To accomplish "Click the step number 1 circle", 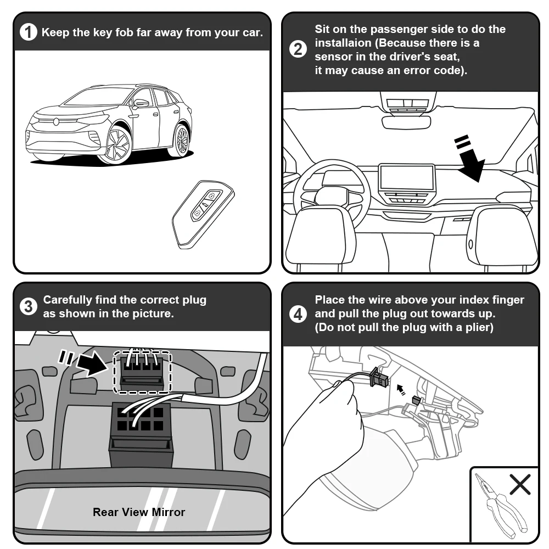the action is (x=29, y=32).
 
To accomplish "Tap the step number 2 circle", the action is (x=298, y=49).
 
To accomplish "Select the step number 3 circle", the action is (x=29, y=307).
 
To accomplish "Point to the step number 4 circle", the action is (x=298, y=313).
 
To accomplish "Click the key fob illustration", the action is (x=203, y=214).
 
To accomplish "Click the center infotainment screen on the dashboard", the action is (x=407, y=177).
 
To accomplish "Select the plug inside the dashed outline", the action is (x=142, y=372).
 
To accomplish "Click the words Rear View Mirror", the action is (x=139, y=512).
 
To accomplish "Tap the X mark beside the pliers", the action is (x=520, y=485).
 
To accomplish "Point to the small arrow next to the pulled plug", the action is (x=401, y=389).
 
